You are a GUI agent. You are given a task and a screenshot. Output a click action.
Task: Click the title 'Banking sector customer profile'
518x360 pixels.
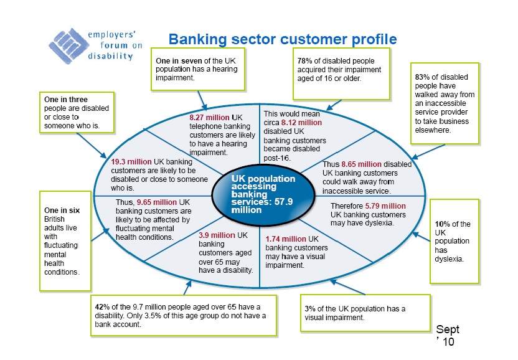point(283,40)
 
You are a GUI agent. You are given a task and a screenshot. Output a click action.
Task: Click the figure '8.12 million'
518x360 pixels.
point(301,123)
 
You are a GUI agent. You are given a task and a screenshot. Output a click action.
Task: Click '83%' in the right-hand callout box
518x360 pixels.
point(423,77)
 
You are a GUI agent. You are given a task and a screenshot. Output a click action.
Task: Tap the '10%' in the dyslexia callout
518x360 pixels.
point(443,224)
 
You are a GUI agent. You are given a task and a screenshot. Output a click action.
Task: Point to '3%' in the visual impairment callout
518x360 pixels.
point(310,309)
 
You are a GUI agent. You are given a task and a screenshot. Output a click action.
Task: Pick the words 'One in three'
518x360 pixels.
point(65,99)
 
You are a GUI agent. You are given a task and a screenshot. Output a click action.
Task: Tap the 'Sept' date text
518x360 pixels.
point(448,329)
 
